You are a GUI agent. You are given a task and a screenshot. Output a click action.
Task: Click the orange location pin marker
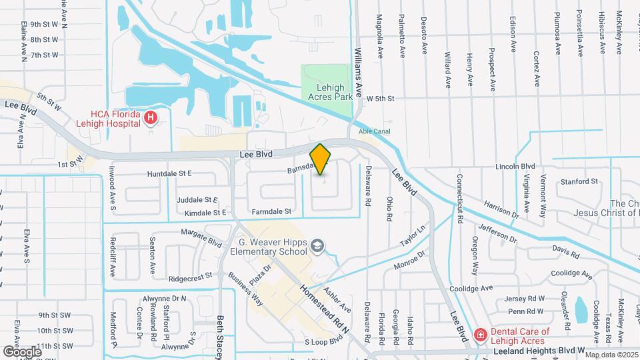[x=321, y=159]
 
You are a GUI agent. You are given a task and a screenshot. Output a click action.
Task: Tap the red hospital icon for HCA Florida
[x=151, y=119]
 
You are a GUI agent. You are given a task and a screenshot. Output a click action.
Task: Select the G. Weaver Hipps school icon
[x=318, y=247]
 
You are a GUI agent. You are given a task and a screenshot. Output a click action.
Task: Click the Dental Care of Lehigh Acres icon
[x=479, y=334]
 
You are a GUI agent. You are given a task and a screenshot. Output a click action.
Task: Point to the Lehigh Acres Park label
[x=326, y=92]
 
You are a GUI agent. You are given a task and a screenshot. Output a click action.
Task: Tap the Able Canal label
[x=374, y=131]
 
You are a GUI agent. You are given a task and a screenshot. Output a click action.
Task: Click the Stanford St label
[x=579, y=181]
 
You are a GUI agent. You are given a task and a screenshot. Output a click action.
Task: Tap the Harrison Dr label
[x=501, y=210]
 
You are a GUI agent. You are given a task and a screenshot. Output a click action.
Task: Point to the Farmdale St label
[x=272, y=211]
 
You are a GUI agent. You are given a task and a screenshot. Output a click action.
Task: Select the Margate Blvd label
[x=201, y=236]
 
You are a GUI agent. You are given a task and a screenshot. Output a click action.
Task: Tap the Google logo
[x=22, y=351]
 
